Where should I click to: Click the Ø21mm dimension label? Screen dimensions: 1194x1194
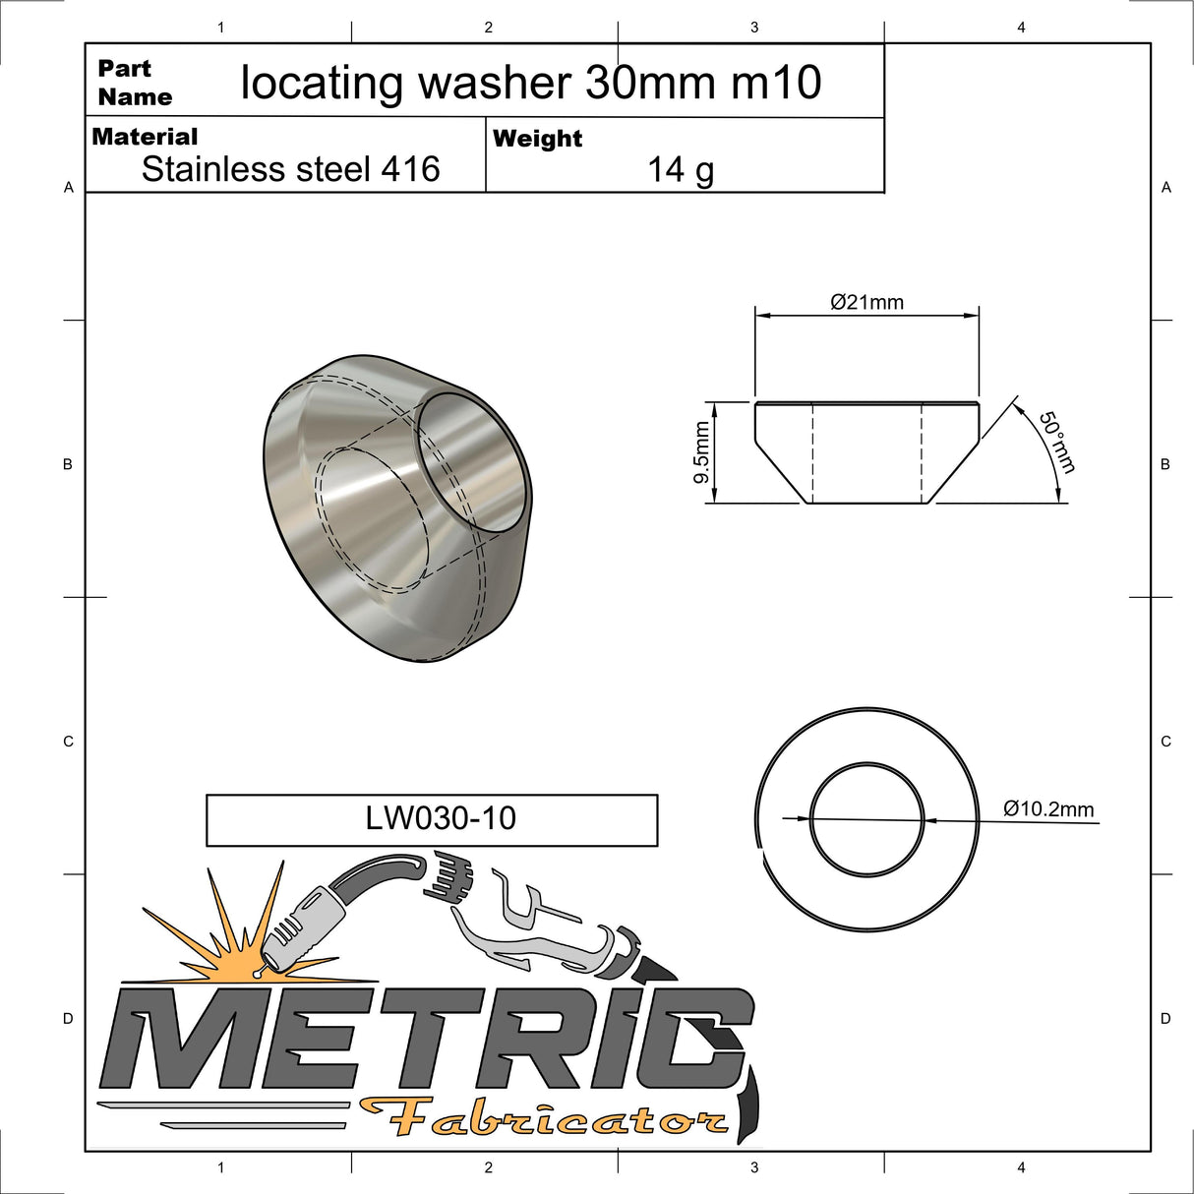(x=866, y=302)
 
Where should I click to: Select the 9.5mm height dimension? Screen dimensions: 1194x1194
(x=701, y=452)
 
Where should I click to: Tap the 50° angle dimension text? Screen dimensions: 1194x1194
(x=1057, y=442)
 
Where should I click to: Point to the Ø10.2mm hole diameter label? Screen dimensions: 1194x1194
(x=1048, y=808)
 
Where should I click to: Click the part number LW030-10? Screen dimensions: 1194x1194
(x=441, y=818)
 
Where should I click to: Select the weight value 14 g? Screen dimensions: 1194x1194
(x=681, y=170)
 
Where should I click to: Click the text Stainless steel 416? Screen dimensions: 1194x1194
(x=290, y=169)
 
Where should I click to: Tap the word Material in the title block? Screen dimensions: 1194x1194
(x=145, y=137)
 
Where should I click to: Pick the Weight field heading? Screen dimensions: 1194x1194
(x=537, y=139)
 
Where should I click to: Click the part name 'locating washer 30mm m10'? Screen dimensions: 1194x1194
(x=531, y=83)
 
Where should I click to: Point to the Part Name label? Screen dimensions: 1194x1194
(x=135, y=83)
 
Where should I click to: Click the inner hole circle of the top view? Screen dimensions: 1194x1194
(x=866, y=818)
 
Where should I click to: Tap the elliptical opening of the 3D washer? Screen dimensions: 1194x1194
(x=469, y=462)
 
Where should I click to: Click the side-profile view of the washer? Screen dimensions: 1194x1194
(x=866, y=452)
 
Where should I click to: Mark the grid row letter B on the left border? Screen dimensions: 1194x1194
(x=68, y=464)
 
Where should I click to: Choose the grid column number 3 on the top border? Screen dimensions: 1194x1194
(x=754, y=28)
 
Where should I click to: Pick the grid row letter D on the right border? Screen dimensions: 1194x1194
(x=1165, y=1018)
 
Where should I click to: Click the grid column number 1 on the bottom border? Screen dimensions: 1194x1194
(x=220, y=1167)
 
